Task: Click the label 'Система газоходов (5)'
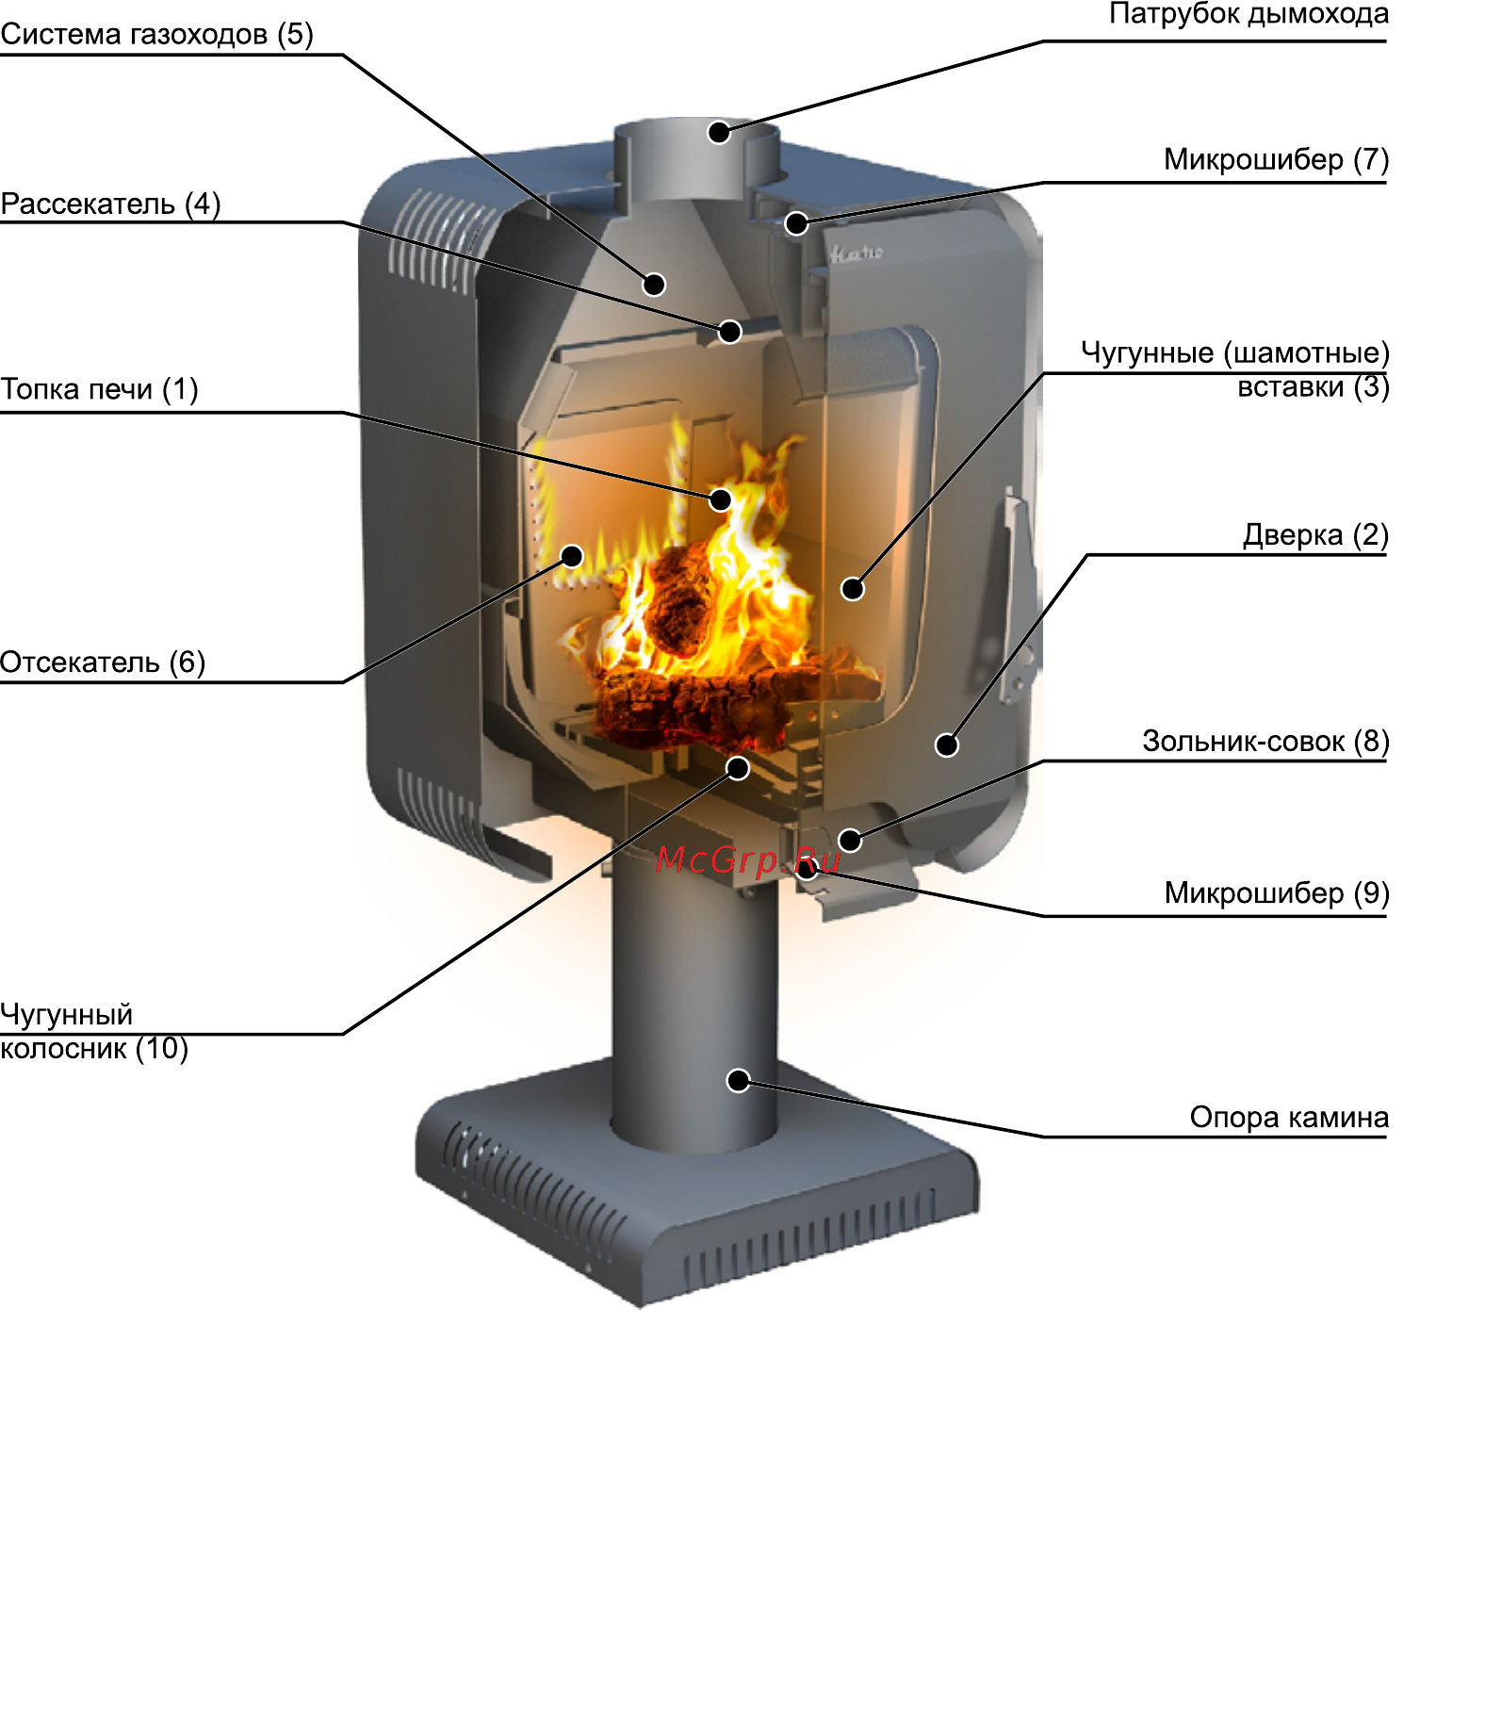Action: click(156, 35)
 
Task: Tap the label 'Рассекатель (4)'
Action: click(110, 205)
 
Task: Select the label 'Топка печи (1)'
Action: click(99, 389)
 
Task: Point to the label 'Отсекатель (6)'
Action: click(102, 663)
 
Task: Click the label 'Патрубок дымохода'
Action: click(1248, 15)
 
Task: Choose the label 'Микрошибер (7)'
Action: click(1276, 160)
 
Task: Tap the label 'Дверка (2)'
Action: click(1315, 535)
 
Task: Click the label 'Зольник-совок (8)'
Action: click(1265, 742)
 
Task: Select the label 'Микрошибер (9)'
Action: click(1276, 892)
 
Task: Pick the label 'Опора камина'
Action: click(1288, 1118)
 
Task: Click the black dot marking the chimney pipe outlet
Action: click(719, 132)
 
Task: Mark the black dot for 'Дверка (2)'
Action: click(947, 745)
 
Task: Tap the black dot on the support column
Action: click(739, 1080)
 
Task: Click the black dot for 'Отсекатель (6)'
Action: click(572, 556)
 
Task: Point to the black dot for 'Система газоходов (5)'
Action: click(655, 284)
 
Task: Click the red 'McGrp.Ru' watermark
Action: click(747, 859)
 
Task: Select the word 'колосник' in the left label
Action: click(63, 1049)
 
